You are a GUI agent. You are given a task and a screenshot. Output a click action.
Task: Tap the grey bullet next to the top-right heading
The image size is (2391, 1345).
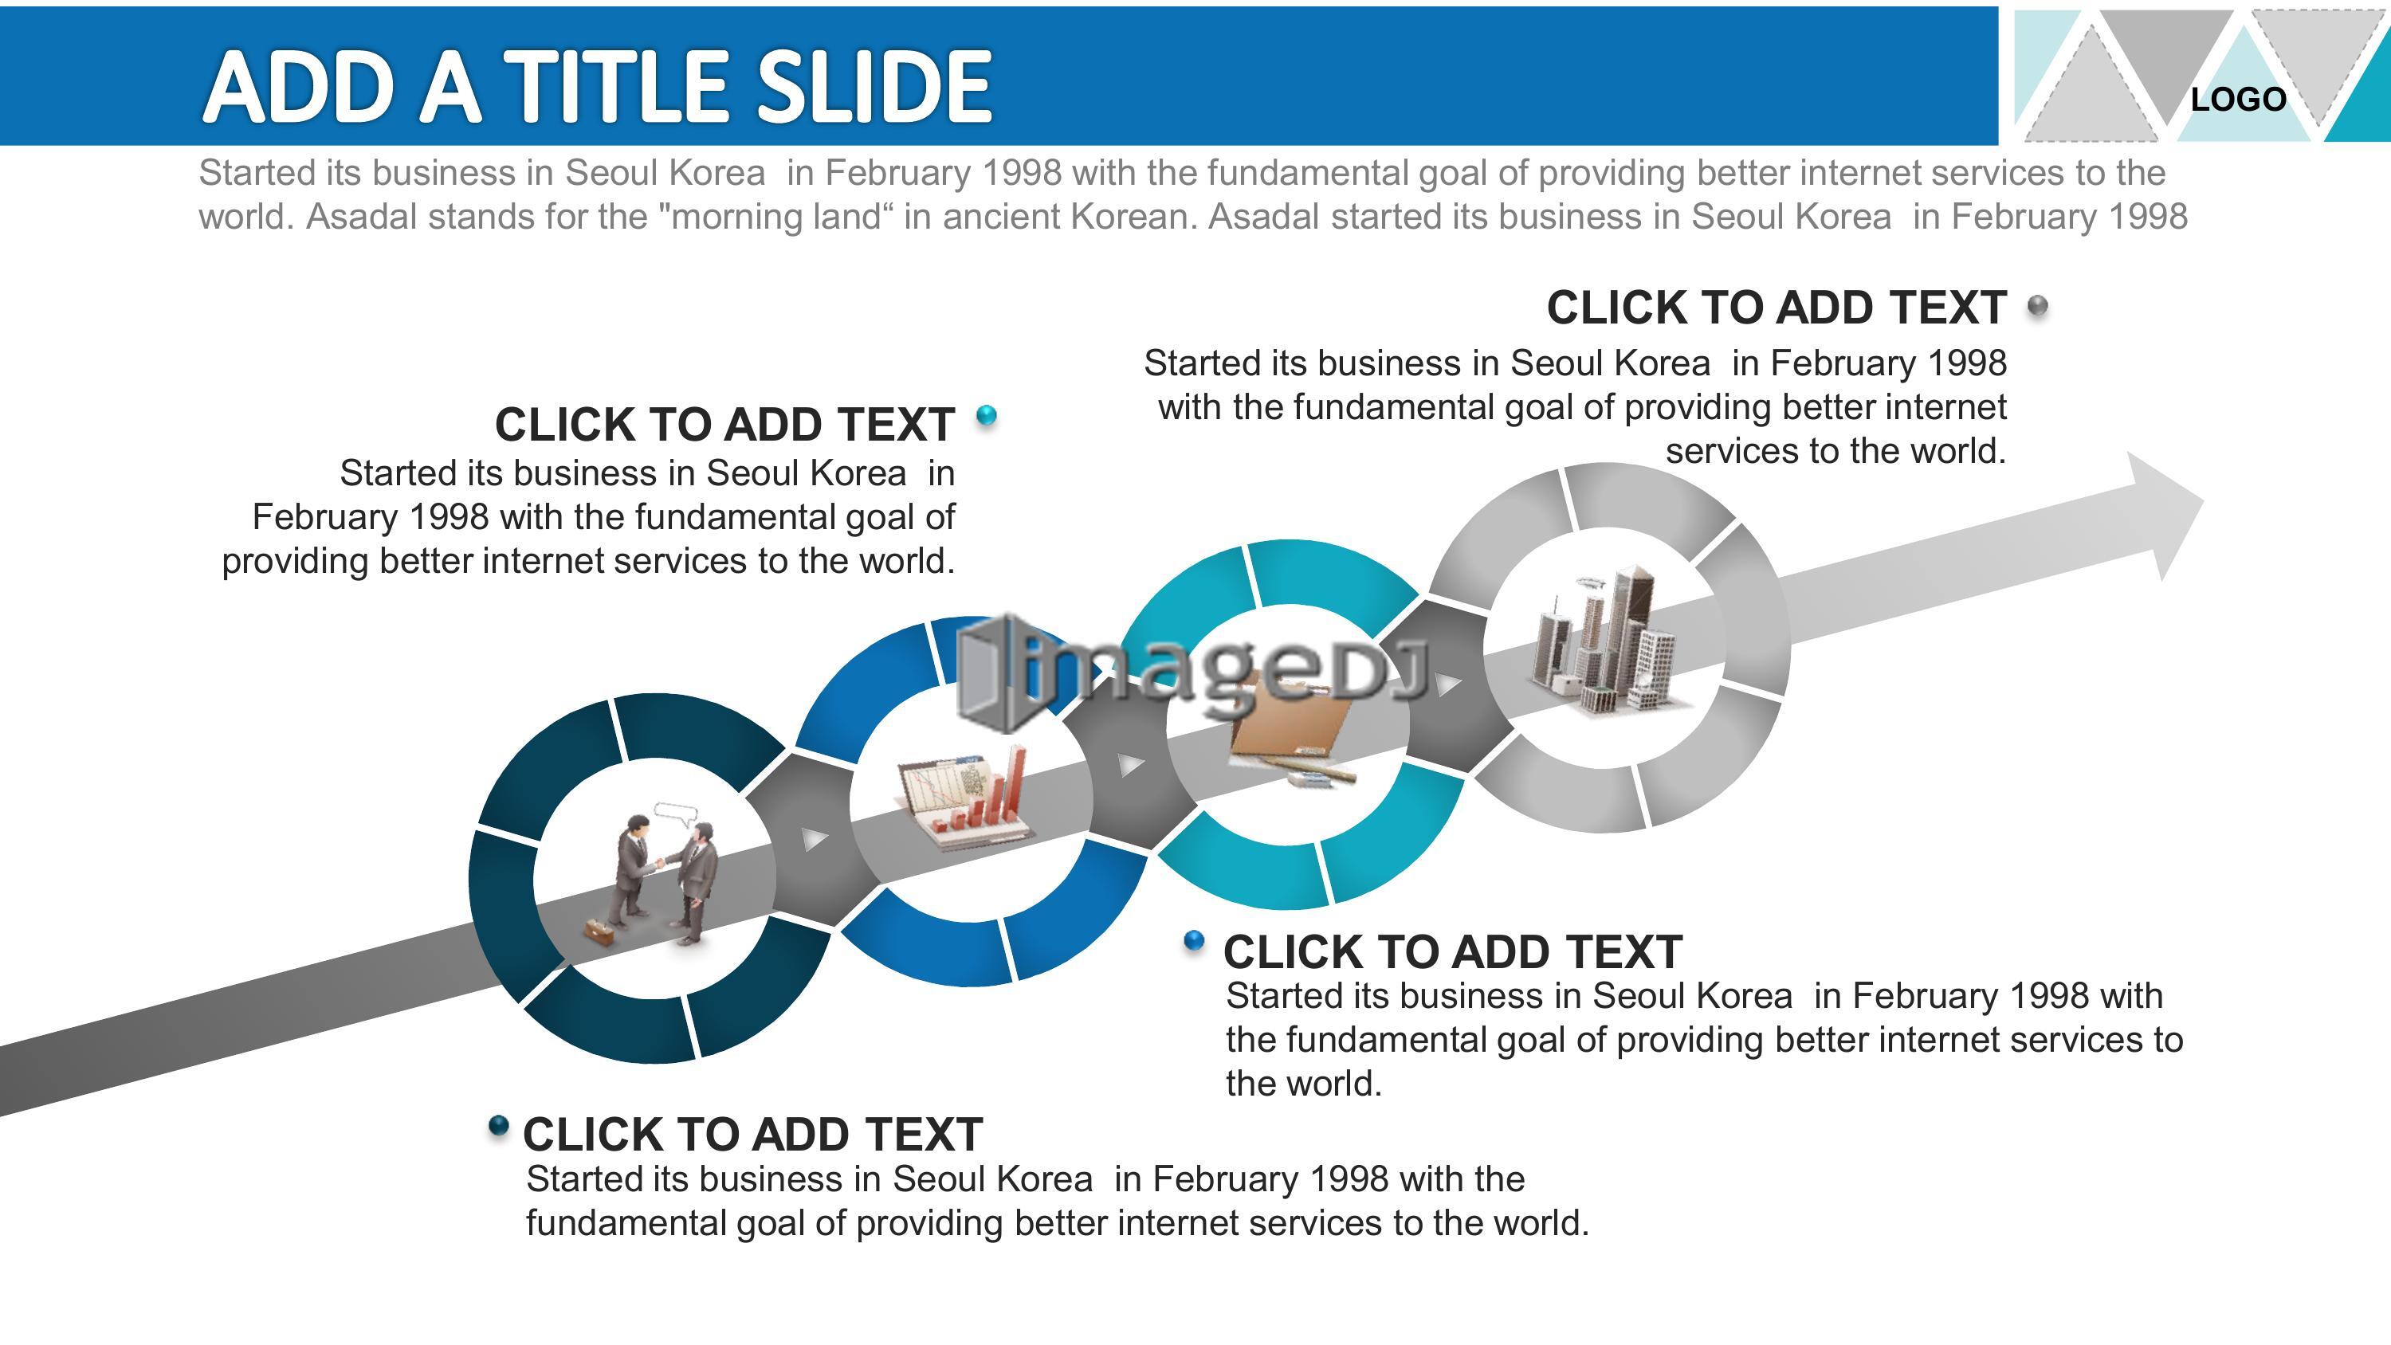pos(2037,305)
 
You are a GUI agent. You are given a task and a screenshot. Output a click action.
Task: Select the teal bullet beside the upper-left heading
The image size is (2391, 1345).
pos(987,415)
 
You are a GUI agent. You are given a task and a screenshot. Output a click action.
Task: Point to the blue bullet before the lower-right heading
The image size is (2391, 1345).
pos(1195,942)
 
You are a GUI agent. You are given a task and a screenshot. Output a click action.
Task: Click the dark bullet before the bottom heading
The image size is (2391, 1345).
pos(498,1126)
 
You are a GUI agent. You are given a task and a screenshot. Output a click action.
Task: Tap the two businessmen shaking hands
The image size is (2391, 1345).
pos(665,878)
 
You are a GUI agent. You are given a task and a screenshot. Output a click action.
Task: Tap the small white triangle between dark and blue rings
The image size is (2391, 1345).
pos(814,839)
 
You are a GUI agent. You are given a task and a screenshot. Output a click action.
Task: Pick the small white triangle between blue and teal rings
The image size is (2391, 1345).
pos(1130,764)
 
